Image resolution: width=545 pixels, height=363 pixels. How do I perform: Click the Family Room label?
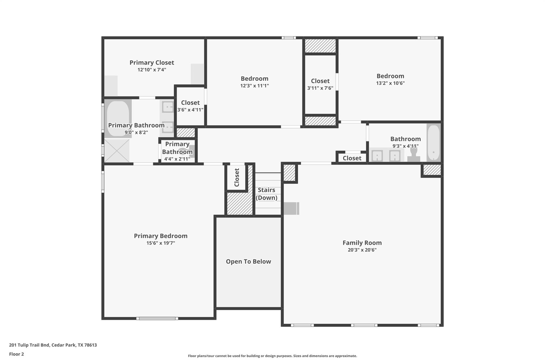coord(362,243)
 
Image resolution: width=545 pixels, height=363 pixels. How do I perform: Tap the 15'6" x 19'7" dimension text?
coord(161,243)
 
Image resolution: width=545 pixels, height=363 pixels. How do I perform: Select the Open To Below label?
coord(249,262)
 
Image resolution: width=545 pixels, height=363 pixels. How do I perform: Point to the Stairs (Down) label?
coord(266,194)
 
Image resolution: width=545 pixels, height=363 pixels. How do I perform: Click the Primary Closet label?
coord(152,63)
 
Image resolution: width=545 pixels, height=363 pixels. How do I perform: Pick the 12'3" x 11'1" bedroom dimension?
coord(255,86)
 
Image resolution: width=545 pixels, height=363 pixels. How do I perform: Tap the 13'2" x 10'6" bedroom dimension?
coord(390,83)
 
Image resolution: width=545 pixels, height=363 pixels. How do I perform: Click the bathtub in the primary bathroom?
coord(118,119)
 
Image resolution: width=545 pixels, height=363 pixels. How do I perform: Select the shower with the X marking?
coord(117,151)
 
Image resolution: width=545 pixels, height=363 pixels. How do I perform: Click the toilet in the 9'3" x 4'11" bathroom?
coord(414,155)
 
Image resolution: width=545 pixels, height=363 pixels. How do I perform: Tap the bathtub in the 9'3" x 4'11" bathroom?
coord(434,143)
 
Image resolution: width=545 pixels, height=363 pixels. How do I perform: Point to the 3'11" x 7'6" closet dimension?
coord(320,88)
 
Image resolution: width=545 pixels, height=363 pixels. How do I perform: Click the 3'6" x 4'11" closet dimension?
coord(191,110)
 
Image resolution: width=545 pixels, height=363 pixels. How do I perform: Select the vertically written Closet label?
coord(237,177)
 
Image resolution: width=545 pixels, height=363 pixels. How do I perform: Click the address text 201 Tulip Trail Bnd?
coord(29,345)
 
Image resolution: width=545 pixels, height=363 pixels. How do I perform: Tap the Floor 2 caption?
coord(16,354)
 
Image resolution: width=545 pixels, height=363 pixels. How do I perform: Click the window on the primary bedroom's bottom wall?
coord(157,318)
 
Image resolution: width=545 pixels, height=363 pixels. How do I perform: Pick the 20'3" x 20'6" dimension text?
coord(362,250)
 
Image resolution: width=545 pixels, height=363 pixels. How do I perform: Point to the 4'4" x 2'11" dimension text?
coord(177,159)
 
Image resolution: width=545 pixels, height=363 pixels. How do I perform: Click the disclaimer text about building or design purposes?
coord(272,356)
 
